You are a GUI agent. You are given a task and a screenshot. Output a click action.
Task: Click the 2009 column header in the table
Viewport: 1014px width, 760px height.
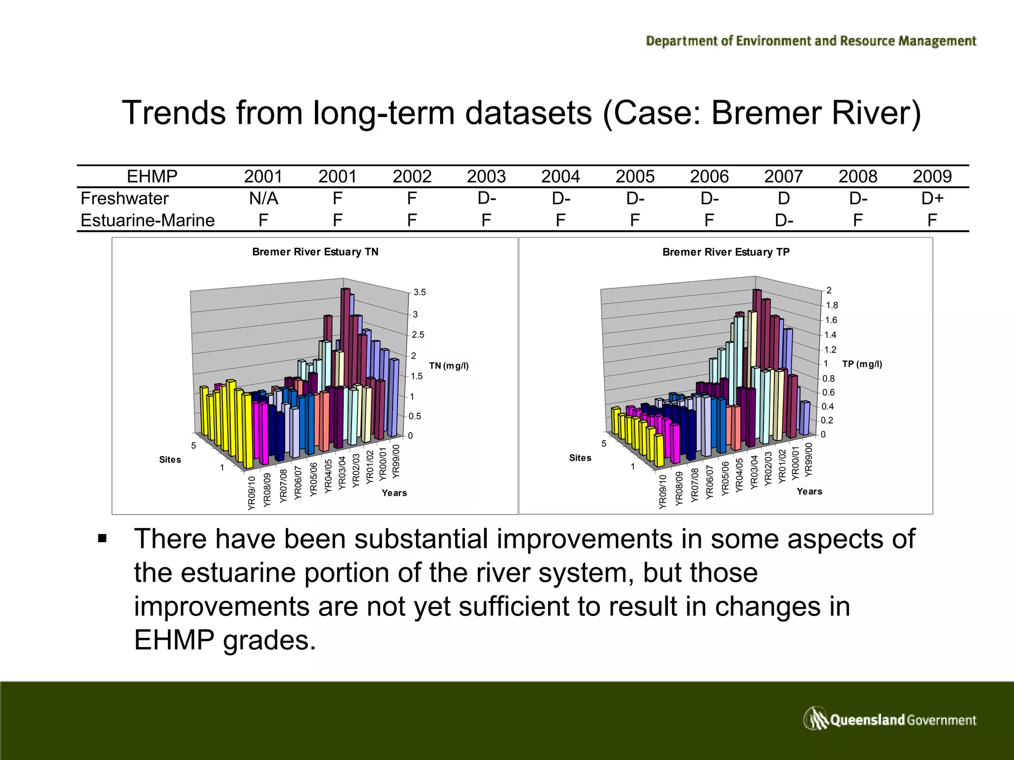click(932, 177)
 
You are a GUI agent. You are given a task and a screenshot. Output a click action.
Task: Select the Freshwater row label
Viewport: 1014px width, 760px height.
click(124, 198)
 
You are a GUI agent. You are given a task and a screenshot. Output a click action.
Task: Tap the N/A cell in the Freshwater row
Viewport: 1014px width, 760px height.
click(263, 198)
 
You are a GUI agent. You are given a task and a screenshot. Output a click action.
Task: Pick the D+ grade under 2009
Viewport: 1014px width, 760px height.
click(932, 198)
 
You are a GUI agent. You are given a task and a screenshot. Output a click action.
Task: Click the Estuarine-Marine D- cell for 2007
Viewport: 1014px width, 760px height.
click(783, 220)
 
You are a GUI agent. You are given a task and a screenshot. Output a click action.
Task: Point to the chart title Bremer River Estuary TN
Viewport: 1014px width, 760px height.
click(315, 252)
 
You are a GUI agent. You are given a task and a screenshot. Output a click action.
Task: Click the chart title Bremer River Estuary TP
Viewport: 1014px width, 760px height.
click(725, 252)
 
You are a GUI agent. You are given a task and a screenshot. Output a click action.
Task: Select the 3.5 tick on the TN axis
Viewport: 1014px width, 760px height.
click(419, 292)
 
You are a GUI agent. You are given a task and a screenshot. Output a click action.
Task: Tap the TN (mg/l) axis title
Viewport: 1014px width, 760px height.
click(449, 366)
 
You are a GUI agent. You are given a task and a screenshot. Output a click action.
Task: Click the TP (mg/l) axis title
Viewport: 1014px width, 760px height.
click(862, 364)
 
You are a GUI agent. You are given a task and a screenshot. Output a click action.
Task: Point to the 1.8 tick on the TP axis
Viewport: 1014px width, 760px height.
click(831, 305)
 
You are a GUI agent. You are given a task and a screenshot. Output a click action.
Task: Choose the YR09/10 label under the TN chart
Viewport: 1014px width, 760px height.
click(252, 493)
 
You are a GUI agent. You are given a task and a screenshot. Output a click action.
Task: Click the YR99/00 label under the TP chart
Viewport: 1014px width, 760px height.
click(808, 460)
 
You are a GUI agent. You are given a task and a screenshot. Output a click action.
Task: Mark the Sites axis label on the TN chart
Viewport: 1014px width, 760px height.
click(170, 460)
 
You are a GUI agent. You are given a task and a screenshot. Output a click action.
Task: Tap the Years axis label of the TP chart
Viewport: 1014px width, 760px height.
click(809, 491)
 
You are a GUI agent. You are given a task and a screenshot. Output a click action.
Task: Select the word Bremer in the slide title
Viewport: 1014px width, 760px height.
click(765, 113)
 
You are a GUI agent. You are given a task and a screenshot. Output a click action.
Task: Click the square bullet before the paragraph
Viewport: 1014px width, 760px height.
click(102, 539)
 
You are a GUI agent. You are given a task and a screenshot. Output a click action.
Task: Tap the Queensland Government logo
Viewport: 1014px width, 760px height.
click(889, 719)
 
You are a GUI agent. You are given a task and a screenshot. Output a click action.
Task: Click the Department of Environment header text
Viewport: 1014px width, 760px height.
click(811, 41)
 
